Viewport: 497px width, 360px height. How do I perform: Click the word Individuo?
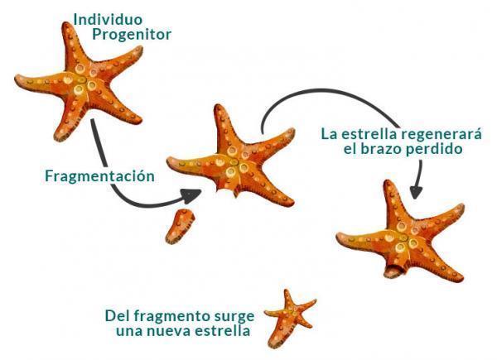108,20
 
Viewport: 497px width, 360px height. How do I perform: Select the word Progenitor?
132,35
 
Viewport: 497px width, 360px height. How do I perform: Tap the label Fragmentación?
100,176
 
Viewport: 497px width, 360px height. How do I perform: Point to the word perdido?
434,149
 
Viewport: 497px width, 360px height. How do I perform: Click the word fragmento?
171,316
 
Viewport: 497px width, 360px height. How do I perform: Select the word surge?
234,317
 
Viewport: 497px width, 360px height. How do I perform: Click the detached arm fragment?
180,226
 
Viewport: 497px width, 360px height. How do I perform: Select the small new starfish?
290,318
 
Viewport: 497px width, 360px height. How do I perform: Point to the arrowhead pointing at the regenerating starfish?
416,191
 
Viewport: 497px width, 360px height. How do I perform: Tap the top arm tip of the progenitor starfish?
66,24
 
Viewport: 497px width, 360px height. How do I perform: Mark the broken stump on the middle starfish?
227,191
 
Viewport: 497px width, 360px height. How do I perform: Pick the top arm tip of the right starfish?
388,183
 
